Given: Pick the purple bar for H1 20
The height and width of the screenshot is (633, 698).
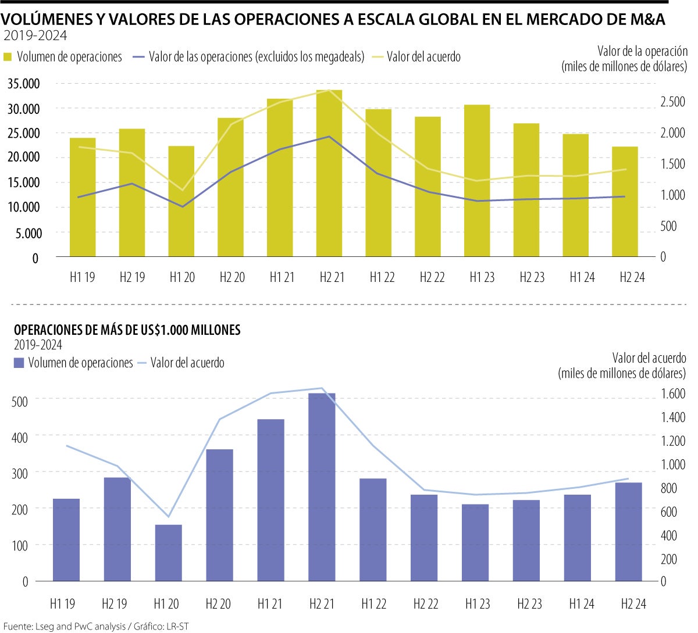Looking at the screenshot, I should click(x=168, y=553).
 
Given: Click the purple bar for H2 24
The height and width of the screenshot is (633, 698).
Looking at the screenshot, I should click(x=628, y=532).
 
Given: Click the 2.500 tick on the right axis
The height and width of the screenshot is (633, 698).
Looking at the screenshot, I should click(x=672, y=102).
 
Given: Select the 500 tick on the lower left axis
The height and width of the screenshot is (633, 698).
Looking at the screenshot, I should click(x=20, y=399).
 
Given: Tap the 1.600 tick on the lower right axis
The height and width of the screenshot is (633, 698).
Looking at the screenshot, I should click(x=673, y=394).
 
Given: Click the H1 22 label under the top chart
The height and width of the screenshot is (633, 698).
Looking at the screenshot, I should click(x=382, y=277).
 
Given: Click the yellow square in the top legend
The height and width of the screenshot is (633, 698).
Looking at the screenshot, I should click(x=8, y=57).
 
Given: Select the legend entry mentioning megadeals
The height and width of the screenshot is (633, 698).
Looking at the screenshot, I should click(x=256, y=57).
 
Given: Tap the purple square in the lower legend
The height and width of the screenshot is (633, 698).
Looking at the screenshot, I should click(x=18, y=363).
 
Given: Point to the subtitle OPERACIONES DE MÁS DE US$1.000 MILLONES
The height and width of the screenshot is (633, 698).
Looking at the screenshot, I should click(x=127, y=330).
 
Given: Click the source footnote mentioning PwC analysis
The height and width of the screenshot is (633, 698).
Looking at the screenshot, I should click(x=97, y=626).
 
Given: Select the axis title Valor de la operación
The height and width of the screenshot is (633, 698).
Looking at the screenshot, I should click(x=642, y=51).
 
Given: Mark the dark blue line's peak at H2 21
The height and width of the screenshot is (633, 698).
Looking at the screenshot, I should click(x=329, y=137).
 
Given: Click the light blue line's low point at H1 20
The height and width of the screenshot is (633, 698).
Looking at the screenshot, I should click(x=168, y=517).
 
